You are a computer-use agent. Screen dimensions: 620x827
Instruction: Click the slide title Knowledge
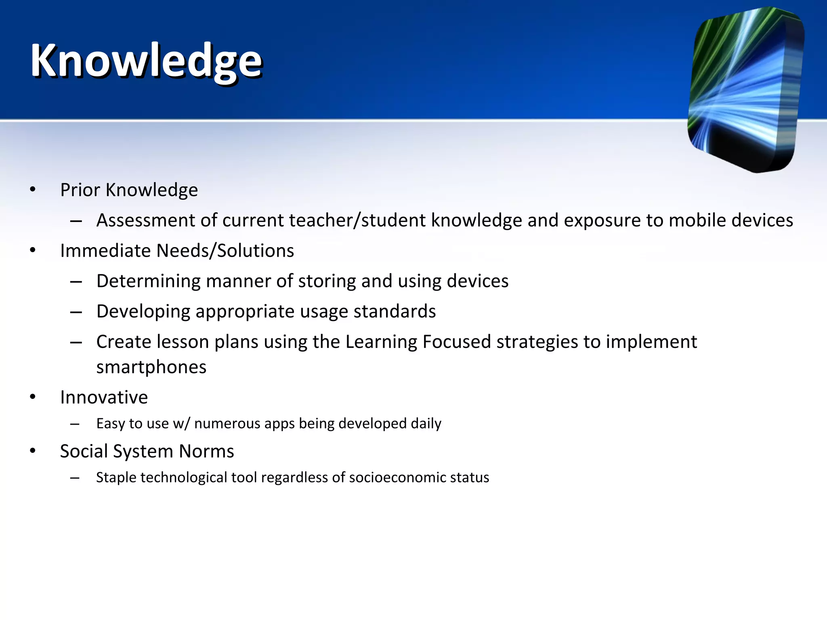146,61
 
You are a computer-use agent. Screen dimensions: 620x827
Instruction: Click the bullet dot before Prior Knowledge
33,189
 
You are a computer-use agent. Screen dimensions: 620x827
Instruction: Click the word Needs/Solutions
225,251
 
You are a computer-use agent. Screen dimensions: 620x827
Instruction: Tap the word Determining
148,281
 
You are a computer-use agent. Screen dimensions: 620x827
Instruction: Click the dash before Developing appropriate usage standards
76,312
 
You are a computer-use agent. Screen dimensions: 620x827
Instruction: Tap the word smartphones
151,367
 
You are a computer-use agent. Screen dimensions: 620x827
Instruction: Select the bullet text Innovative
104,397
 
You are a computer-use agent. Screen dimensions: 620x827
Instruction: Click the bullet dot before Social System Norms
33,451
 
